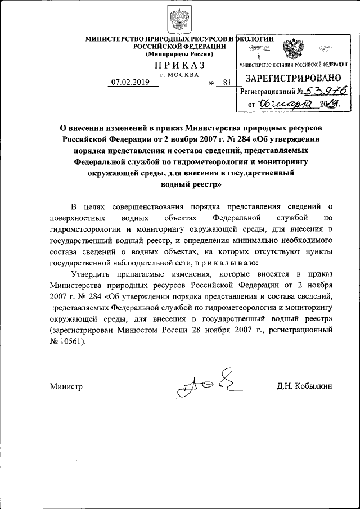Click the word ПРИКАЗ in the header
[179, 65]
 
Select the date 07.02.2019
[129, 82]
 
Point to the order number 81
[227, 83]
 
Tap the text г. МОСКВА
[179, 74]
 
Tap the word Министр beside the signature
[66, 386]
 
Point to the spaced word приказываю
[228, 263]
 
